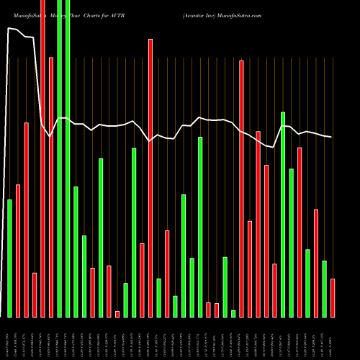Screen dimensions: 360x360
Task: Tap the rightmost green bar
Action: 324,288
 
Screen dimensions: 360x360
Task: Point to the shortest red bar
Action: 117,313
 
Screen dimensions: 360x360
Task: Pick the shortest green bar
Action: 233,313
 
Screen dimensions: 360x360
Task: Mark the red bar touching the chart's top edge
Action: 42,158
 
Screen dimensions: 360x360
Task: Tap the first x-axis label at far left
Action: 9,336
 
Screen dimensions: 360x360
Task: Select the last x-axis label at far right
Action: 332,334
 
